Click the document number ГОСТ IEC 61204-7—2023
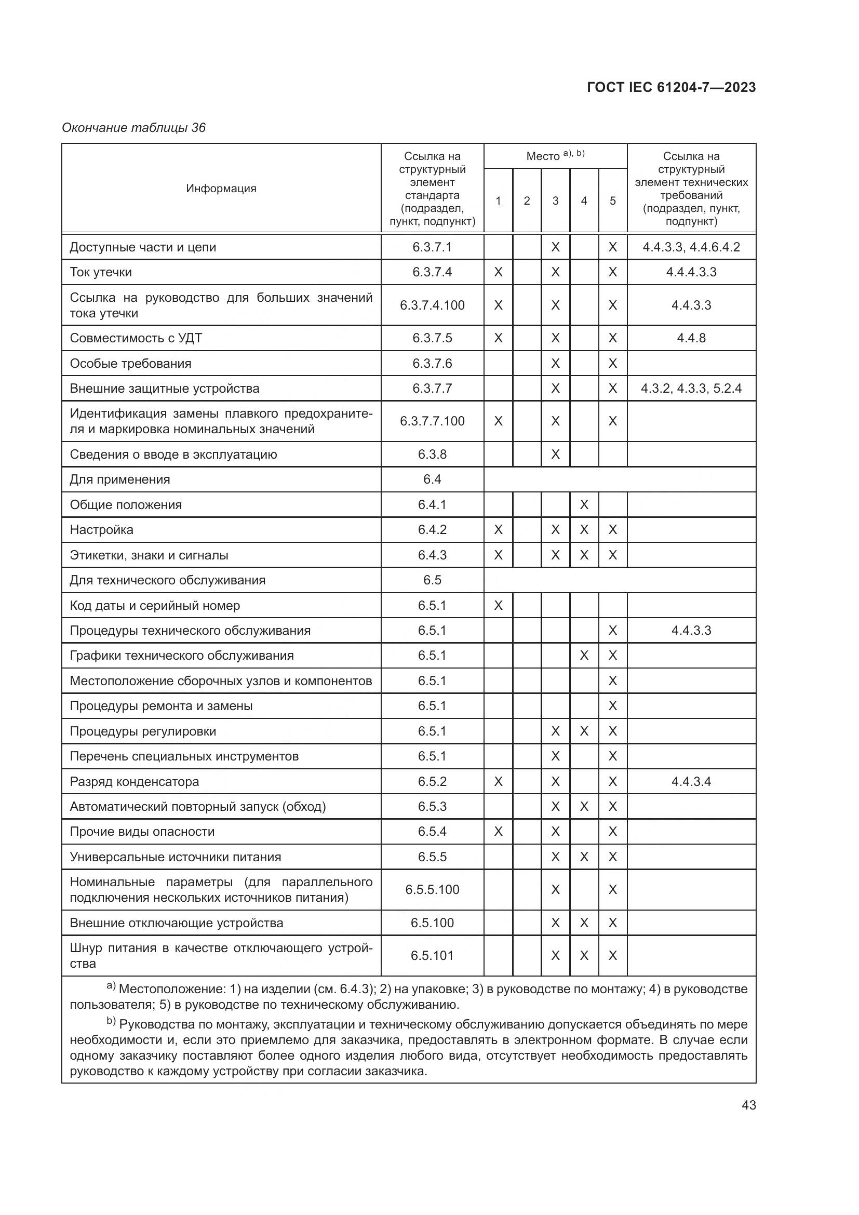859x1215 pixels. (670, 88)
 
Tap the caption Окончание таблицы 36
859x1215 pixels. (133, 128)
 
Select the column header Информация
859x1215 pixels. (221, 189)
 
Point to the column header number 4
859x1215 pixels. (584, 201)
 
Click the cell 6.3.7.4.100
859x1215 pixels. (432, 305)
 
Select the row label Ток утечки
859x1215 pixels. (101, 273)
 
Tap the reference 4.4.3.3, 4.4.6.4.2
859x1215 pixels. (691, 247)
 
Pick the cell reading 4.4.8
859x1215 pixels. (691, 338)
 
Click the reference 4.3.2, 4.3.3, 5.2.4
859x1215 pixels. (691, 389)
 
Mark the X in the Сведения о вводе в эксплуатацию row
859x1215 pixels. (555, 455)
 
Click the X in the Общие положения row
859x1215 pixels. (584, 505)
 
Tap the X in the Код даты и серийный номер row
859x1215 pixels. (498, 605)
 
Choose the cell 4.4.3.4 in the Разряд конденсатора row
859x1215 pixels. (691, 782)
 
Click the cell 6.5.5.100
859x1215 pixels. (432, 889)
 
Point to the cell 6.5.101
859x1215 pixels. (432, 956)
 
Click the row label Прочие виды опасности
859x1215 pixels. (142, 832)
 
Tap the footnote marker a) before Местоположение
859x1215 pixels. (111, 985)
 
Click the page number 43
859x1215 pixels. (748, 1105)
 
